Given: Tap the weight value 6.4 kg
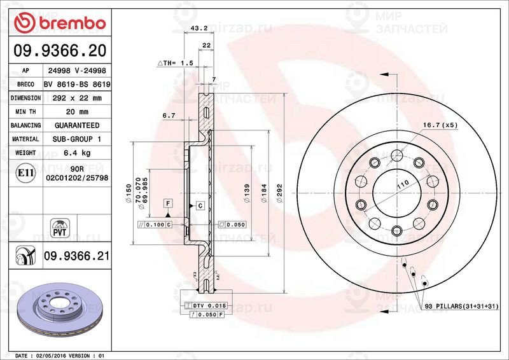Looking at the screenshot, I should [x=76, y=153].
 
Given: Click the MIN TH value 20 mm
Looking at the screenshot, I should [x=76, y=111].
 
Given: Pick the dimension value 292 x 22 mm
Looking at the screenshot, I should [x=76, y=98].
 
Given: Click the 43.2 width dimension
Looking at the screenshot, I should [x=199, y=28].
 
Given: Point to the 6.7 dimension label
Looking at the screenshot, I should [x=169, y=116].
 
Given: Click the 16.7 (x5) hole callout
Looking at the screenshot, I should [x=440, y=125].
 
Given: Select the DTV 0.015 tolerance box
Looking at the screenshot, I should [x=209, y=306].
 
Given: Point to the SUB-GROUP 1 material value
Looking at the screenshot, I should [x=76, y=139].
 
